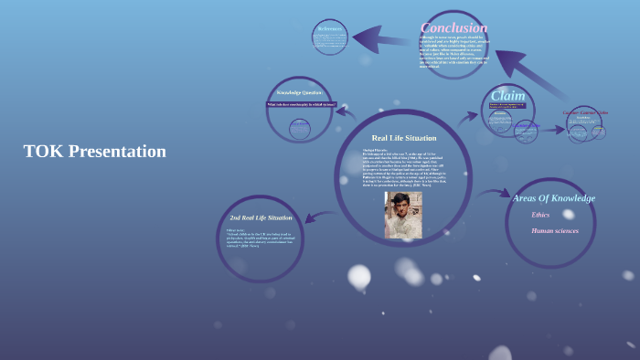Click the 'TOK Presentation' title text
(95, 152)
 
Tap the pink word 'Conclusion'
(453, 27)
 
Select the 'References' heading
(330, 28)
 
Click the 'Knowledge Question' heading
(301, 92)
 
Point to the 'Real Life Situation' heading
(403, 137)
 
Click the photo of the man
(402, 215)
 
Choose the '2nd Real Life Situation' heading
(261, 217)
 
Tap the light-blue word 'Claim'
(507, 95)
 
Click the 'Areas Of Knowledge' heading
(553, 197)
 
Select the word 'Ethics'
(540, 215)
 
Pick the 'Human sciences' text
(555, 230)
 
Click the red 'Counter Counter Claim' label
(585, 112)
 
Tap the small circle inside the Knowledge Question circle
(299, 128)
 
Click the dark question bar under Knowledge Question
(301, 104)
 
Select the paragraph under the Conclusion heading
(453, 52)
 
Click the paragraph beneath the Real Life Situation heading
(402, 168)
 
